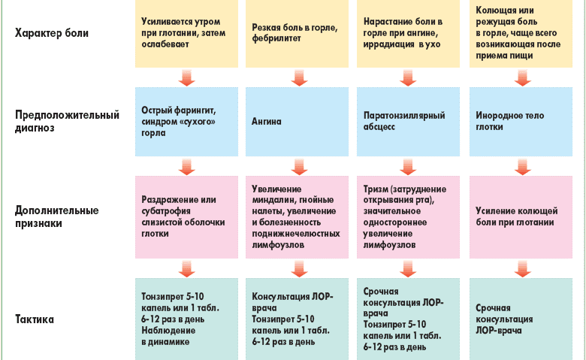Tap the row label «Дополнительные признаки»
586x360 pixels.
click(x=56, y=216)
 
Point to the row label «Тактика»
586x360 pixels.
click(x=35, y=319)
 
